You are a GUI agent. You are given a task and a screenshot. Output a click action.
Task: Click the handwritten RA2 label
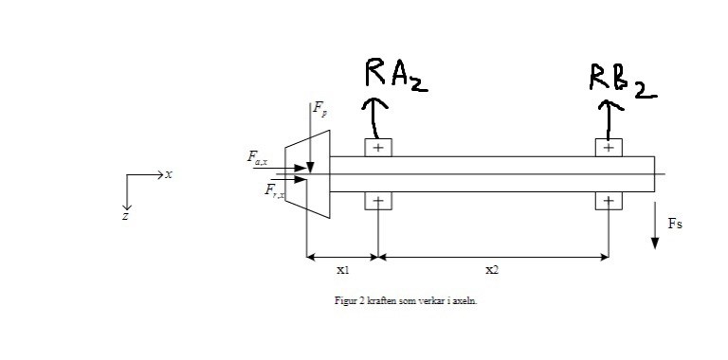point(395,74)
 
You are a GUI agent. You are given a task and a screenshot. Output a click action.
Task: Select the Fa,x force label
point(257,157)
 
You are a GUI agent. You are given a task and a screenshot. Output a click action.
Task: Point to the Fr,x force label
point(275,190)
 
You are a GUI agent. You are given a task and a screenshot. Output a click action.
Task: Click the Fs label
point(675,225)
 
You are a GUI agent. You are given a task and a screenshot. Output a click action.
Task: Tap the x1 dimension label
point(342,270)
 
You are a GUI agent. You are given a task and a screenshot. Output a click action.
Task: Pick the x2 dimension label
point(492,270)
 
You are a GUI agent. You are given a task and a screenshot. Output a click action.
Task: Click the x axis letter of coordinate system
point(169,174)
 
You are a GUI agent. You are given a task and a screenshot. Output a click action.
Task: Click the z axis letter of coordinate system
point(125,216)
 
